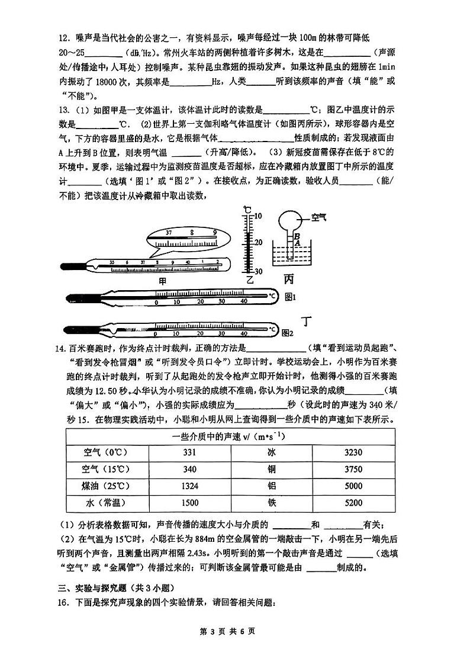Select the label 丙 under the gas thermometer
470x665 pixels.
(289, 278)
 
